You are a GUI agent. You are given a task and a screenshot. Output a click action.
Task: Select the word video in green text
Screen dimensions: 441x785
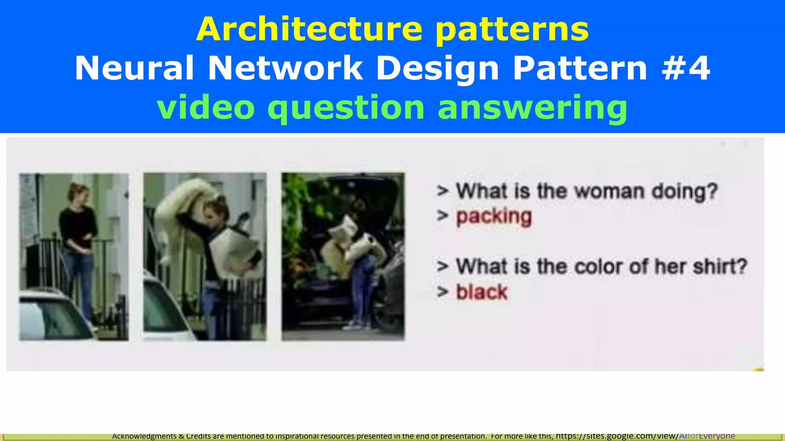pyautogui.click(x=206, y=108)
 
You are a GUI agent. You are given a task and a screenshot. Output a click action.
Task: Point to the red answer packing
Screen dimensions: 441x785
pyautogui.click(x=494, y=217)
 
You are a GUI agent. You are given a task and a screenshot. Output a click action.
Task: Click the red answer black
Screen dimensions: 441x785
pyautogui.click(x=481, y=292)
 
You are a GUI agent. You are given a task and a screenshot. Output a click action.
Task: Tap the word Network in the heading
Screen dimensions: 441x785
pyautogui.click(x=285, y=68)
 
